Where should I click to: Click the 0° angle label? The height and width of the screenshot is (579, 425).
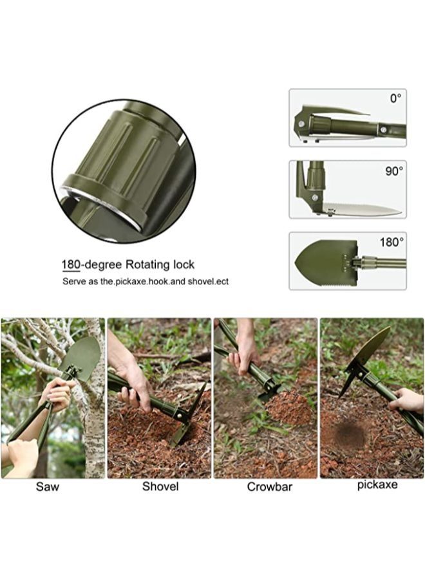coord(395,98)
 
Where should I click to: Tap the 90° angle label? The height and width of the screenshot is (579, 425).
coord(394,171)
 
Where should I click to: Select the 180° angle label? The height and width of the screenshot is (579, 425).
coord(392,243)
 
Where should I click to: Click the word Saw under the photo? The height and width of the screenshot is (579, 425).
coord(47,486)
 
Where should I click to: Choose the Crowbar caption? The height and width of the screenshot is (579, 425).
coord(269,486)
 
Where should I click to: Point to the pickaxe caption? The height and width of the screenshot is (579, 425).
coord(377,485)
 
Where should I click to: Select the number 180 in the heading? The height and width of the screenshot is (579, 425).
coord(71,265)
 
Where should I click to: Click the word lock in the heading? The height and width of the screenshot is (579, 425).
coord(184,264)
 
